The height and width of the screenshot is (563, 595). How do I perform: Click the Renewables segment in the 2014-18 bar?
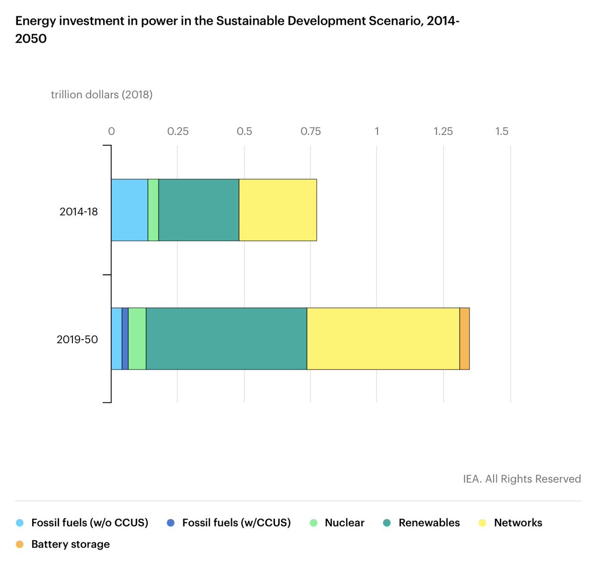tap(198, 210)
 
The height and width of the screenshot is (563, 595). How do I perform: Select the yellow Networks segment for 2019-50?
tap(383, 338)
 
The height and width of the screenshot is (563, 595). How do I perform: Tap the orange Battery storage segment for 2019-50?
tap(465, 338)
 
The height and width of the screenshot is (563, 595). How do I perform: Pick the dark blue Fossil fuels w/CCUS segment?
tap(125, 338)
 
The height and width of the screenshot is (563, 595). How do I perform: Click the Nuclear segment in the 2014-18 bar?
tap(153, 210)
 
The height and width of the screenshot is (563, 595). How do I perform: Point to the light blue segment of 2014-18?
tap(129, 210)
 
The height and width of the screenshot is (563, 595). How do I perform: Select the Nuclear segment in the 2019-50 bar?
tap(137, 338)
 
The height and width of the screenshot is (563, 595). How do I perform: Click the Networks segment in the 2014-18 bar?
tap(278, 210)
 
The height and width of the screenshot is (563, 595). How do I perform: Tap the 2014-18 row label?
tap(78, 212)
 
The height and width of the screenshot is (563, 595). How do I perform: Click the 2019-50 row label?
tap(77, 340)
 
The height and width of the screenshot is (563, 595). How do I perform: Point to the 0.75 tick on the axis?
tap(310, 131)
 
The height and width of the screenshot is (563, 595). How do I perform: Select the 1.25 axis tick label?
tap(443, 131)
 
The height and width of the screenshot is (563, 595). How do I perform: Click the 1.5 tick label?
tap(502, 131)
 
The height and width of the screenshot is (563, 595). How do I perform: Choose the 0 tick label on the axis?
tap(112, 131)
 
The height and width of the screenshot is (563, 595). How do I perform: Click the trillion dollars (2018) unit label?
tap(102, 95)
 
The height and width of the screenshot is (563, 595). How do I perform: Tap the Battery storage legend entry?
tap(70, 544)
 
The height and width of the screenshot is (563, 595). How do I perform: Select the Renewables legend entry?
tap(429, 523)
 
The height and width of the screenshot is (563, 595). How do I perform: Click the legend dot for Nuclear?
tap(313, 523)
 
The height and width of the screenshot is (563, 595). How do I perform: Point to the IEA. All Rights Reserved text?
tap(522, 479)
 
